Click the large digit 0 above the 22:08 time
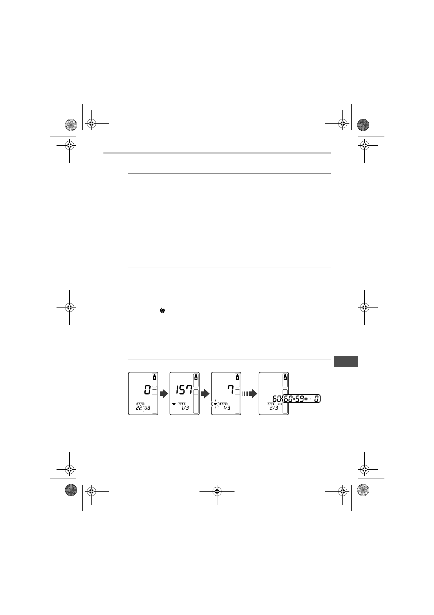coord(147,390)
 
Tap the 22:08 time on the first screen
coord(143,408)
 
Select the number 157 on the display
coord(184,390)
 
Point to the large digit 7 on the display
coord(231,390)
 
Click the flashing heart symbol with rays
coord(215,404)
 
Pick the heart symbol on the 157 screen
coord(174,404)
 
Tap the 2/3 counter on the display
coord(274,408)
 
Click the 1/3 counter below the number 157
coord(185,408)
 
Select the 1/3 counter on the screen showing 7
coord(226,408)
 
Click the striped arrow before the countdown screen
coord(249,394)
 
